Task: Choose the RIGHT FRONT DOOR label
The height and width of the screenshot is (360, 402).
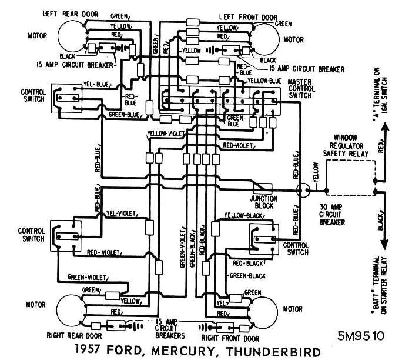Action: (230, 339)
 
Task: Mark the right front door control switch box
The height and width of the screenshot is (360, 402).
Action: (262, 232)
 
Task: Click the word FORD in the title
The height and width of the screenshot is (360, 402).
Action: (126, 352)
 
